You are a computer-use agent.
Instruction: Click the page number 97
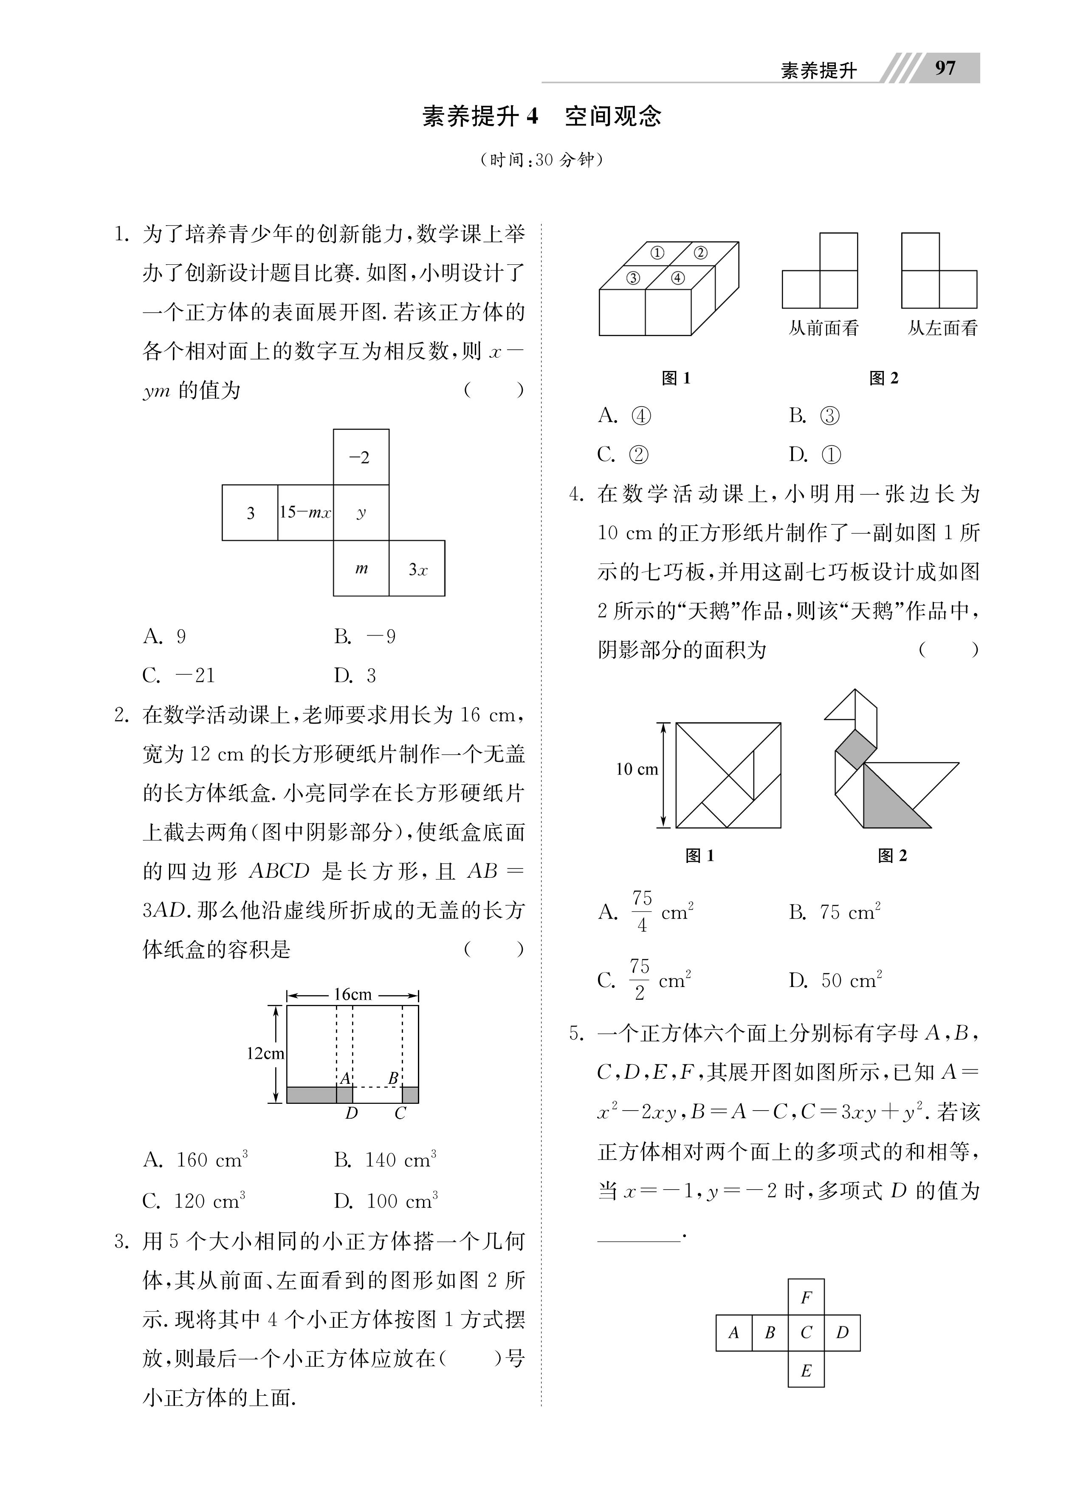pyautogui.click(x=945, y=68)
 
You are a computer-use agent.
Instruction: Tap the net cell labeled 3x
pyautogui.click(x=417, y=568)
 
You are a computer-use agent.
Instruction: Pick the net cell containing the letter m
pyautogui.click(x=361, y=568)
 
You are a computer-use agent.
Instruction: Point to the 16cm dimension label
pyautogui.click(x=352, y=995)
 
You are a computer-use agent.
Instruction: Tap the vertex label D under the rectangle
pyautogui.click(x=351, y=1113)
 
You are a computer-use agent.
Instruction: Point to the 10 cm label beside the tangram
pyautogui.click(x=636, y=769)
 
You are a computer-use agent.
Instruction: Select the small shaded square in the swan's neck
pyautogui.click(x=855, y=749)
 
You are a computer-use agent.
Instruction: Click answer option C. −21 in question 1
pyautogui.click(x=178, y=676)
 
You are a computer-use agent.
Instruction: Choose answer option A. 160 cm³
pyautogui.click(x=195, y=1160)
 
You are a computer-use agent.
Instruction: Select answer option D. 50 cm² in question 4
pyautogui.click(x=835, y=980)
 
